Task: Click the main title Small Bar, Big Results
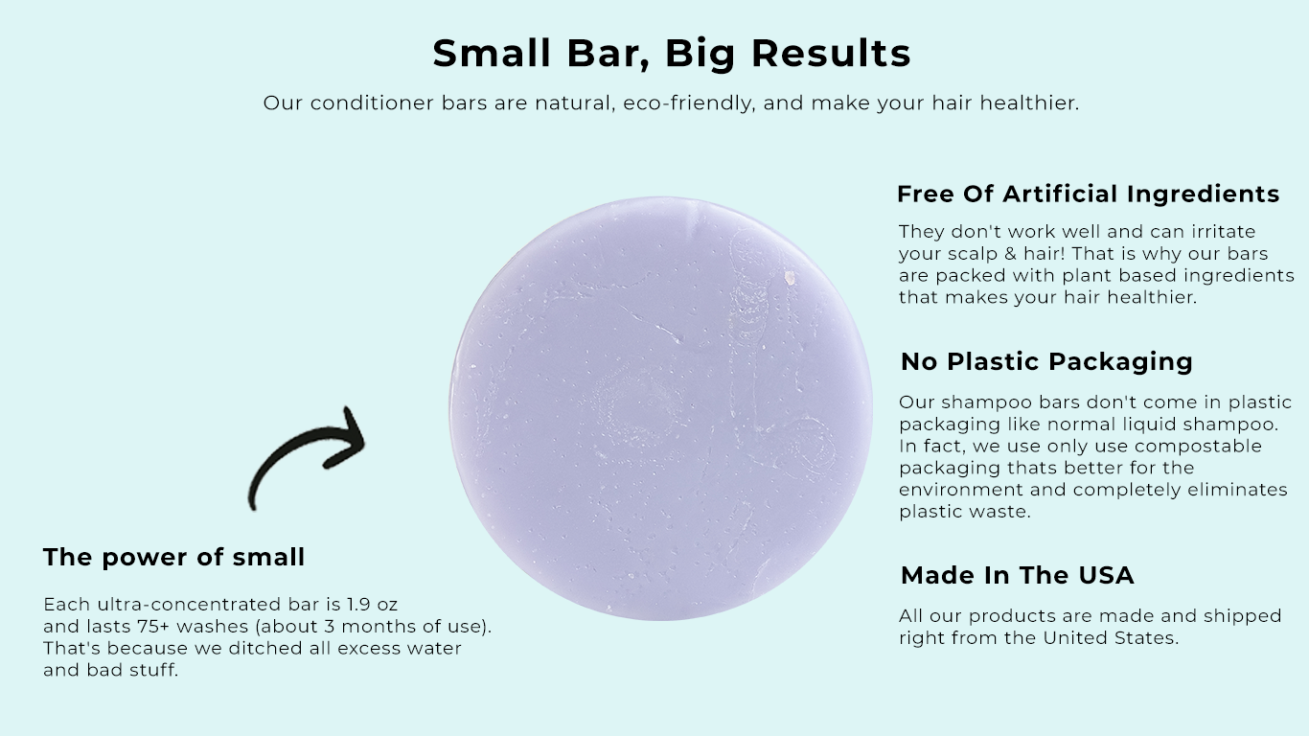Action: tap(671, 53)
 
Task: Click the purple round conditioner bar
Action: tap(661, 408)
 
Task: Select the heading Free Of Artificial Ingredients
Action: tap(1088, 194)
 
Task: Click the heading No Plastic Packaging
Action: tap(1046, 361)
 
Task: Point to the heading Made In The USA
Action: tap(1017, 575)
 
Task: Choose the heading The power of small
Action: tap(173, 557)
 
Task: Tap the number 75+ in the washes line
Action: tap(141, 627)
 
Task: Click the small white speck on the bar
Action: tap(790, 278)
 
